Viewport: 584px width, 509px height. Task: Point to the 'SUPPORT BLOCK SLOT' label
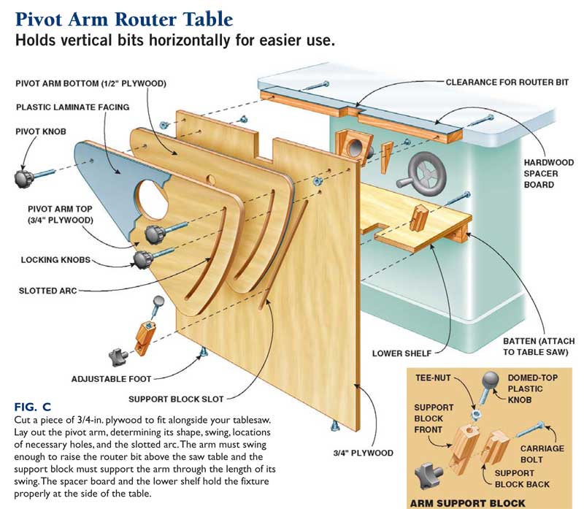pyautogui.click(x=176, y=399)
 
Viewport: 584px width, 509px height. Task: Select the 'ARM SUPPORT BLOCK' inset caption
pyautogui.click(x=470, y=502)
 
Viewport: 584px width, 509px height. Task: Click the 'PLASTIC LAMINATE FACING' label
pyautogui.click(x=72, y=107)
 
